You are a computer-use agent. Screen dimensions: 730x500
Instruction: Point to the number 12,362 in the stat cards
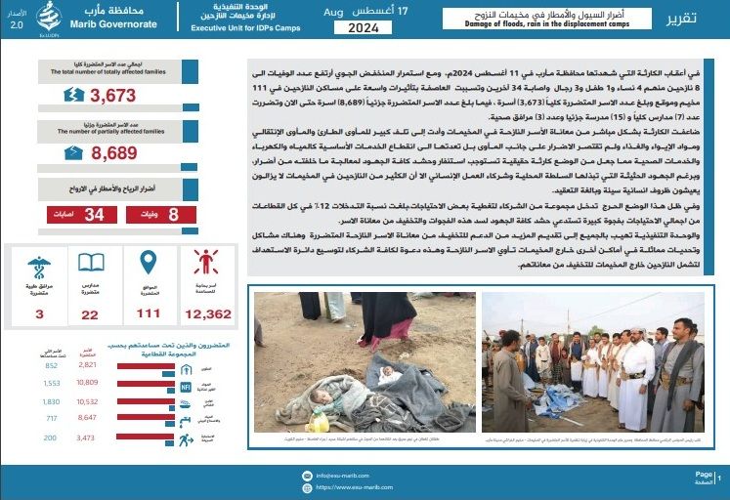(207, 313)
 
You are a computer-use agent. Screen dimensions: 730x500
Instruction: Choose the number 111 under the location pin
(149, 313)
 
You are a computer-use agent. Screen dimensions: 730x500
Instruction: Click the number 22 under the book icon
(91, 313)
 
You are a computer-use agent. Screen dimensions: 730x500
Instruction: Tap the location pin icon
(149, 262)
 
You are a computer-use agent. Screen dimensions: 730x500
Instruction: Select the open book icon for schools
(91, 263)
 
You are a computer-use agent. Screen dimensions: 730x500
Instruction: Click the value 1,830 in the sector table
(52, 400)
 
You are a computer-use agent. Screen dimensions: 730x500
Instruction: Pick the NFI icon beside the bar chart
(186, 387)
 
